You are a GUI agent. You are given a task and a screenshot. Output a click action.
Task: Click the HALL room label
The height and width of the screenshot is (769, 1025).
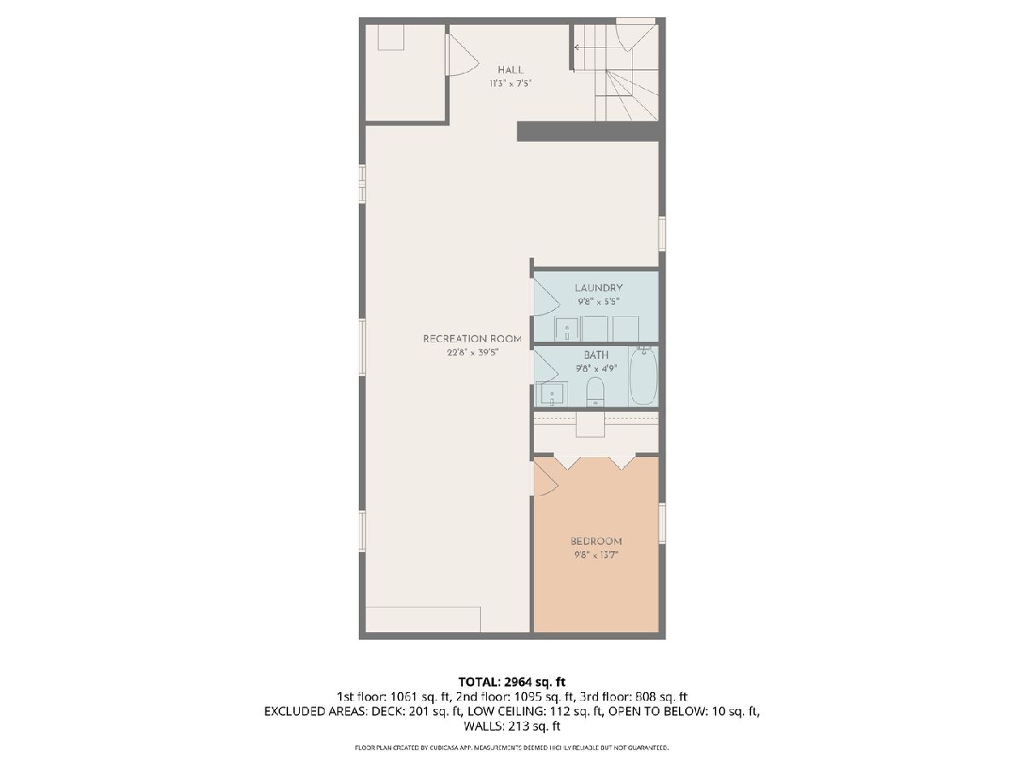pos(511,70)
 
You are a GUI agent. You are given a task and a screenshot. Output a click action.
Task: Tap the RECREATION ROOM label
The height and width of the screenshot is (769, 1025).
pos(472,338)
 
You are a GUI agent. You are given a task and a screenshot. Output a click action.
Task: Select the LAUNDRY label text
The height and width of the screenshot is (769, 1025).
pos(598,288)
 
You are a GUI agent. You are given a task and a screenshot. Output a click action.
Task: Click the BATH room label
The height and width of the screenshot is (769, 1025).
pos(596,355)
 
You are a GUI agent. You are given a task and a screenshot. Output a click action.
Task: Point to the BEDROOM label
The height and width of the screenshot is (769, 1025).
pos(596,541)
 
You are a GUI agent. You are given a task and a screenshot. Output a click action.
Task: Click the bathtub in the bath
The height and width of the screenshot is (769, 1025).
pos(643,376)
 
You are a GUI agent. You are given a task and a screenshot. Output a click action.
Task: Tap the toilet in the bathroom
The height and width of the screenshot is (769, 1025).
pos(594,391)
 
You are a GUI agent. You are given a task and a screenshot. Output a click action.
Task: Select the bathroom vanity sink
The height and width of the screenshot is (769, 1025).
pos(552,394)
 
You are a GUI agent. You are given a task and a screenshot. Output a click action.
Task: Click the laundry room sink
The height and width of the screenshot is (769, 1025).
pos(567,329)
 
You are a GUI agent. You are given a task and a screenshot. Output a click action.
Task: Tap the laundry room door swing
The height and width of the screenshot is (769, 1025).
pos(547,298)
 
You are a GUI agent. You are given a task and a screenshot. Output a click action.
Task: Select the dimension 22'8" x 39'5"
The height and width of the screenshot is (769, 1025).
pos(472,353)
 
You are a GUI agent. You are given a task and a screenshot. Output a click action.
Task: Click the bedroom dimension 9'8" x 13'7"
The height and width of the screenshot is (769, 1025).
pos(596,555)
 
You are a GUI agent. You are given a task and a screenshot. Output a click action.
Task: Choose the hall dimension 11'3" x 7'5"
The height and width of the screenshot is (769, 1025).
pos(511,84)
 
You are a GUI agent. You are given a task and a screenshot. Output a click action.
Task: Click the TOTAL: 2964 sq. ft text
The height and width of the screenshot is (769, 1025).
pos(512,682)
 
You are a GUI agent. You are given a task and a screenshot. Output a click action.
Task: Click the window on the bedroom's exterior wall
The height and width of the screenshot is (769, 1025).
pos(662,522)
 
